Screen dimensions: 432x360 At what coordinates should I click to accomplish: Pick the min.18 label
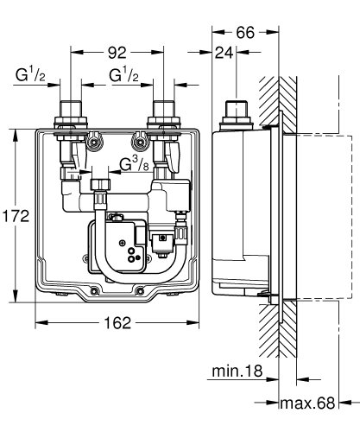tap(236, 373)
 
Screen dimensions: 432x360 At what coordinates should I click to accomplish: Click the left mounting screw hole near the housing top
tap(98, 142)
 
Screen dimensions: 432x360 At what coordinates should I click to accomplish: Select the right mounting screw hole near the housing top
tap(135, 142)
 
